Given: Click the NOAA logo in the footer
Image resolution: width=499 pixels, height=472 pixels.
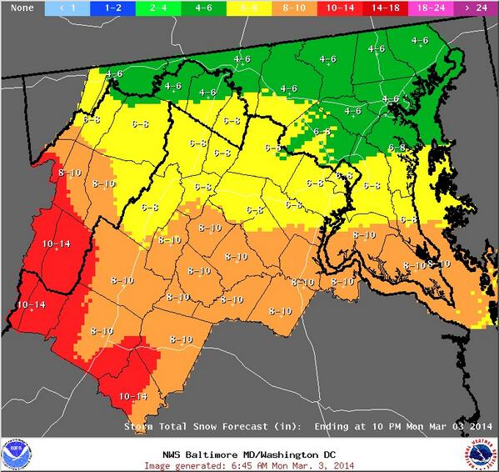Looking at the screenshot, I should (x=15, y=454).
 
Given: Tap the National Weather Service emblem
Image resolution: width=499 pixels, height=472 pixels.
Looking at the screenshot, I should (x=482, y=454).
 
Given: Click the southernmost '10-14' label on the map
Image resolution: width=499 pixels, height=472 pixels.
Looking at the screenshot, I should (x=133, y=396).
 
